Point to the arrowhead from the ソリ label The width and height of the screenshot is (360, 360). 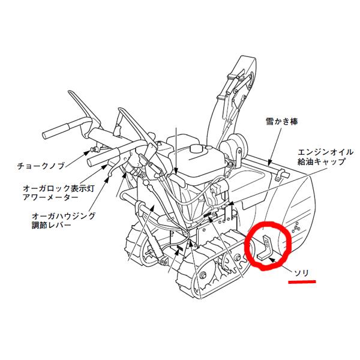point(272,260)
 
